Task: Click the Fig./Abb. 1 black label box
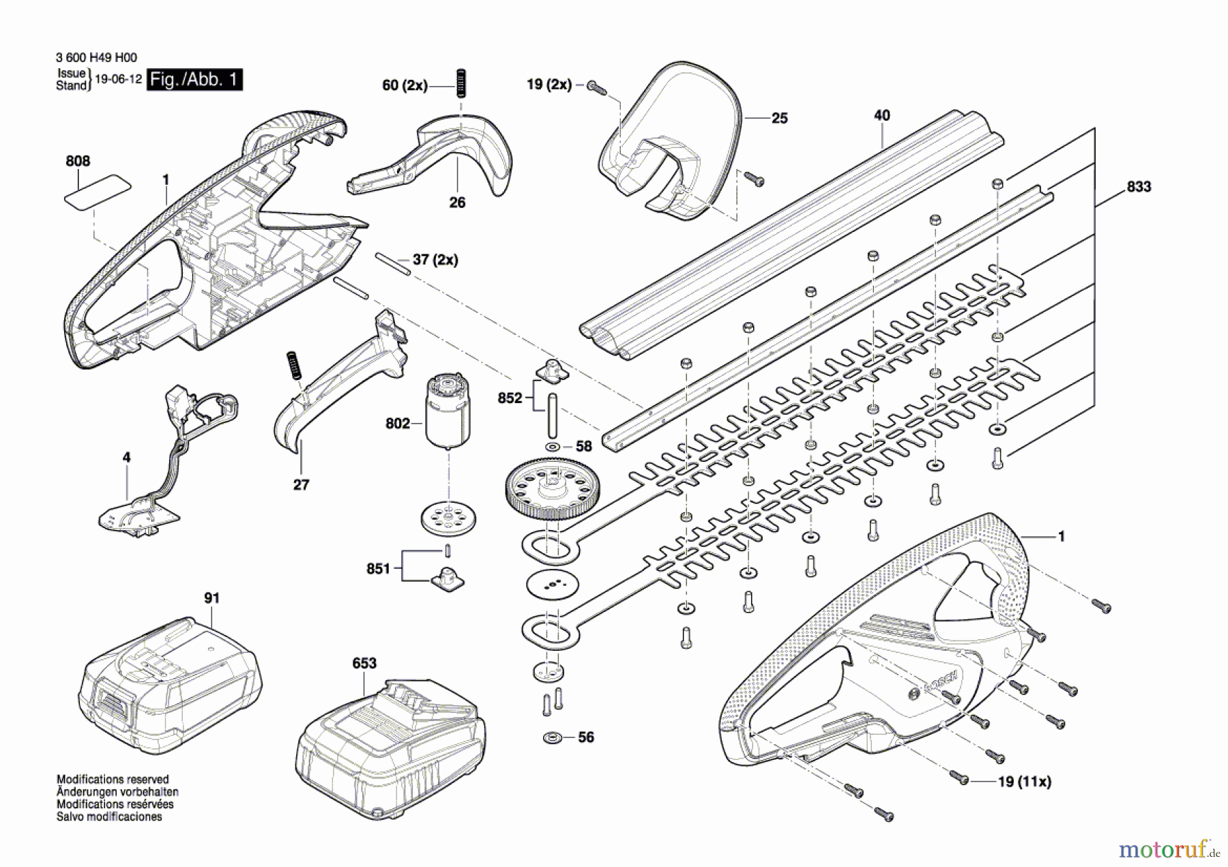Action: click(x=194, y=80)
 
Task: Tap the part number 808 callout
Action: click(x=78, y=161)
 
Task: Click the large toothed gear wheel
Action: click(x=549, y=487)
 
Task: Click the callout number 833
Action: click(x=1139, y=187)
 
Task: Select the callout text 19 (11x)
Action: click(x=1024, y=782)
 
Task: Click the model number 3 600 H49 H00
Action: click(x=96, y=58)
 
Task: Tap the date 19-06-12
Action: click(x=118, y=79)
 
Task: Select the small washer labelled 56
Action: click(x=553, y=738)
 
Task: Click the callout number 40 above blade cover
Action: click(x=881, y=115)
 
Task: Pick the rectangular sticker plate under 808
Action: click(x=98, y=190)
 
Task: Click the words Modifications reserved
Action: click(x=113, y=779)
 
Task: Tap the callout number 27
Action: click(x=301, y=485)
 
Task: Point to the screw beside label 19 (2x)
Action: click(x=596, y=87)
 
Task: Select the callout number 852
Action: click(x=510, y=398)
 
